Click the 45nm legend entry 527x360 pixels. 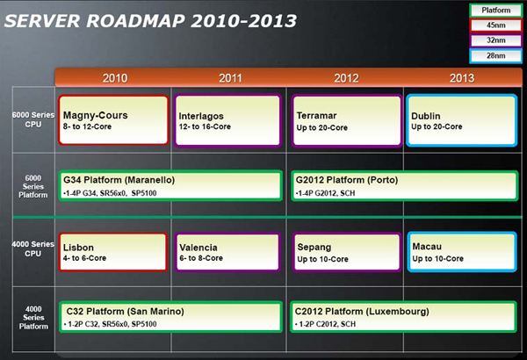click(x=495, y=25)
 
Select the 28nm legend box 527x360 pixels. click(x=495, y=56)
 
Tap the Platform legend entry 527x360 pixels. click(x=495, y=11)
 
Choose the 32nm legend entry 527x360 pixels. click(x=495, y=40)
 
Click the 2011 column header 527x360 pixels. click(x=230, y=78)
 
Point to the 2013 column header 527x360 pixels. click(x=462, y=78)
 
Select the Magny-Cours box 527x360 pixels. click(x=113, y=120)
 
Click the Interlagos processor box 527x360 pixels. click(x=227, y=120)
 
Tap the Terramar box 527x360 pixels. click(x=347, y=120)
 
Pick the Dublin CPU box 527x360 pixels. click(x=461, y=120)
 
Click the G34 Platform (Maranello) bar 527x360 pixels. click(x=170, y=186)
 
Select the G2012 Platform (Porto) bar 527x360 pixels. click(x=405, y=186)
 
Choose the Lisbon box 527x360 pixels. click(x=113, y=252)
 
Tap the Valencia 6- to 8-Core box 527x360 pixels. click(x=227, y=252)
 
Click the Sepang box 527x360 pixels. click(x=347, y=252)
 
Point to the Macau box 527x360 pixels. click(x=462, y=252)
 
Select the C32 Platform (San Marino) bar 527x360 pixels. click(x=170, y=317)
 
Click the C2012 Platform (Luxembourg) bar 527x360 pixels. click(x=403, y=317)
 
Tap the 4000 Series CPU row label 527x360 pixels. click(x=33, y=248)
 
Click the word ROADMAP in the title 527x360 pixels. click(x=135, y=21)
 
